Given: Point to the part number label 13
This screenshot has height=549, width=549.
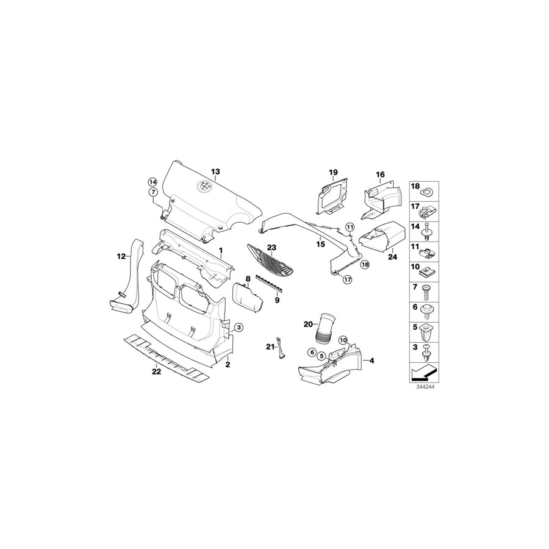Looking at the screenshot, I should click(215, 172).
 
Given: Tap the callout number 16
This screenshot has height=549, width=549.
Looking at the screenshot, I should click(380, 174).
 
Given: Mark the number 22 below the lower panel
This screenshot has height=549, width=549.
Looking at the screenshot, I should click(156, 371).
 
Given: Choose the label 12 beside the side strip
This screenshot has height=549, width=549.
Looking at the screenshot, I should click(121, 257).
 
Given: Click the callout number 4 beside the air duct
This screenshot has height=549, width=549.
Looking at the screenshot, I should click(371, 361).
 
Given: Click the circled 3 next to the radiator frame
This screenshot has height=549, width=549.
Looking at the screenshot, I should click(239, 328).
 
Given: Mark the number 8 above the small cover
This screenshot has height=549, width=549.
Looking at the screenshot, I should click(248, 279).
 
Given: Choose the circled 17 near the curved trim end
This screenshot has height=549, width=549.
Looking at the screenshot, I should click(347, 280).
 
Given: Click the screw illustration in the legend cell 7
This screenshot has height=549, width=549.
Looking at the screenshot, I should click(429, 288).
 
